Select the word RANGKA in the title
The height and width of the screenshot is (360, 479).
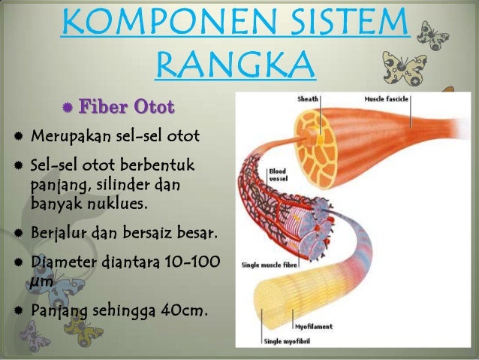click(x=235, y=67)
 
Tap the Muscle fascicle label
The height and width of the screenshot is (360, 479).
click(x=387, y=98)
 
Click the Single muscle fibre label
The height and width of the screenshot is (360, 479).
click(x=269, y=265)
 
